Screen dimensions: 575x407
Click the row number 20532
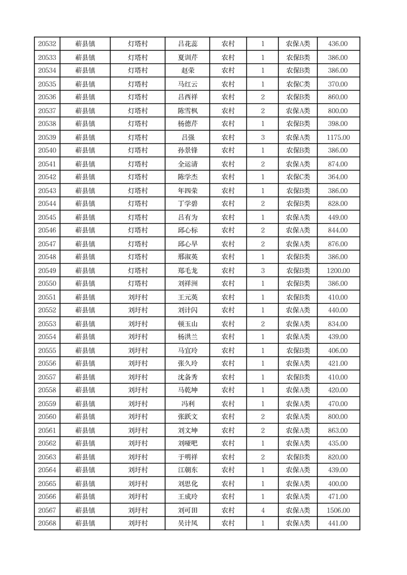tap(47, 44)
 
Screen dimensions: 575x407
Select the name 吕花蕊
tap(187, 44)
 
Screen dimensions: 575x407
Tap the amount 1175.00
tap(338, 137)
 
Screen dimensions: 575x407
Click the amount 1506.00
tap(338, 510)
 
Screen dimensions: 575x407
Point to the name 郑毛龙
tap(187, 271)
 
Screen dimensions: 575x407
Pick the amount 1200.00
tap(338, 271)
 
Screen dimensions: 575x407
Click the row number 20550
tap(47, 283)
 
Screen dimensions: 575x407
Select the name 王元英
tap(187, 297)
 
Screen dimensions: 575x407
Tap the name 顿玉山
tap(187, 324)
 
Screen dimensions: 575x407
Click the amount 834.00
tap(338, 324)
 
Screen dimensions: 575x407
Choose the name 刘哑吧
tap(187, 443)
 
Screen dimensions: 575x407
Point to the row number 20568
tap(47, 523)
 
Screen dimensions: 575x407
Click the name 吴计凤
tap(187, 523)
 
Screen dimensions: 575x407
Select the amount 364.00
tap(338, 177)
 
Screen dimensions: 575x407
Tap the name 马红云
tap(187, 84)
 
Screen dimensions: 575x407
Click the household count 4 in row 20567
tap(262, 510)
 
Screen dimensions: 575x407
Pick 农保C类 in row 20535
tap(298, 84)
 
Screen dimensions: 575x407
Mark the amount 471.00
tap(338, 497)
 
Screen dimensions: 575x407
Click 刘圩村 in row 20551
tap(137, 297)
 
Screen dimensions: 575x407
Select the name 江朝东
tap(187, 470)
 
